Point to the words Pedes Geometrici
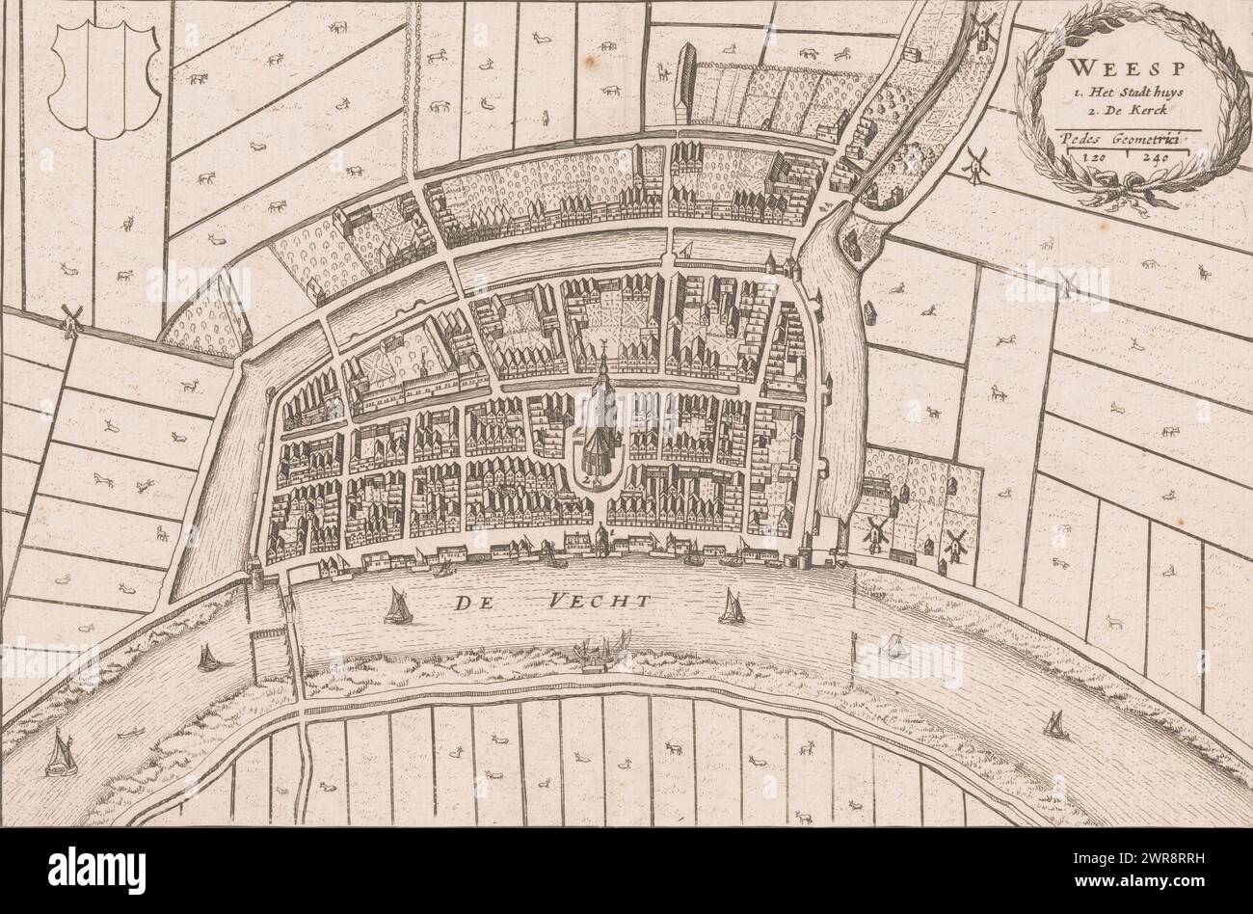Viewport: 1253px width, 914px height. (1124, 139)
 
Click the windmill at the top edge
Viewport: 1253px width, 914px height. (982, 29)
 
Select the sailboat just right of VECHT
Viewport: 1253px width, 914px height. (731, 606)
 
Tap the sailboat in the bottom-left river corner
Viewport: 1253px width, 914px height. (62, 753)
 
